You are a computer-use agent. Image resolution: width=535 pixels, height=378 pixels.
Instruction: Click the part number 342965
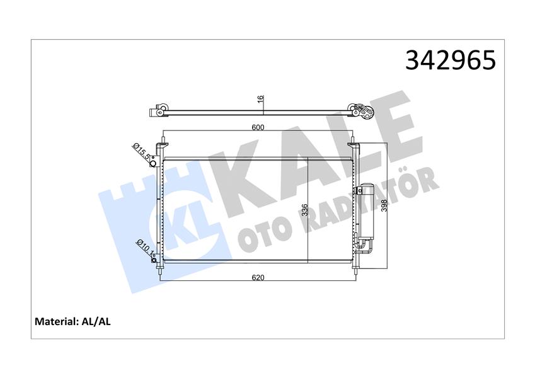tap(451, 60)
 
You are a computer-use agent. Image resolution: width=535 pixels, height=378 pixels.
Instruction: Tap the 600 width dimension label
tap(258, 128)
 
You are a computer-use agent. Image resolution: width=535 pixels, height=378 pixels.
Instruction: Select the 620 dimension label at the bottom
tap(258, 278)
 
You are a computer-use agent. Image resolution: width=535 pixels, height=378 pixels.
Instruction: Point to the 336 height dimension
tap(305, 210)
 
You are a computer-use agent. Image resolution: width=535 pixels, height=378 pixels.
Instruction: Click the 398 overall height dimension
tap(384, 206)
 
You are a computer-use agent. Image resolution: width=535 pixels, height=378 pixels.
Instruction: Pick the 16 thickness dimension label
tap(260, 100)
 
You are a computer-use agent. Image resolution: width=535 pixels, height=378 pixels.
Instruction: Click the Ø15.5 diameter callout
tap(141, 151)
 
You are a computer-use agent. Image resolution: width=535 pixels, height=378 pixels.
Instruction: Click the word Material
tap(56, 321)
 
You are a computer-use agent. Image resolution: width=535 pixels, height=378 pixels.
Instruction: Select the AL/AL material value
tap(96, 321)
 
